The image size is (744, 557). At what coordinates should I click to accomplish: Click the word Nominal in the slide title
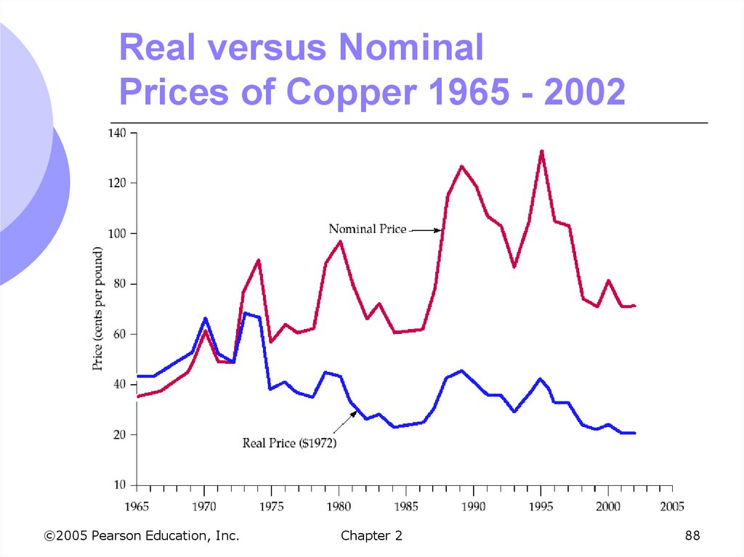pos(410,48)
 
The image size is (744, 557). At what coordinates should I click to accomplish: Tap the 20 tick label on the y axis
pos(121,434)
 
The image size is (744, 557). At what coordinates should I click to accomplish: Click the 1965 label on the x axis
pos(137,505)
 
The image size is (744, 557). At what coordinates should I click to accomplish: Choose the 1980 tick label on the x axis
pos(338,505)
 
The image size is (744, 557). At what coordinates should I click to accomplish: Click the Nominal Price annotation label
pos(367,229)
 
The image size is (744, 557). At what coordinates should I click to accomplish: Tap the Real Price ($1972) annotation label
pos(289,442)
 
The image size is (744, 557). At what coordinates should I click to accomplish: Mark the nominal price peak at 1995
pos(541,151)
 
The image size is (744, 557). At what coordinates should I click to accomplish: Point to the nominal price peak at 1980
pos(340,242)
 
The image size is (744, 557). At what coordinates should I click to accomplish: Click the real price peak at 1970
pos(205,318)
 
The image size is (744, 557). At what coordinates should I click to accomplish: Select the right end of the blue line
pos(634,433)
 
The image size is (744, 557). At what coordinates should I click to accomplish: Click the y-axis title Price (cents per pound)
pos(98,309)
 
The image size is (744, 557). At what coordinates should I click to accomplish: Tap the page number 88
pos(692,536)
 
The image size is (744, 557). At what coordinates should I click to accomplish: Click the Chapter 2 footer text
pos(371,536)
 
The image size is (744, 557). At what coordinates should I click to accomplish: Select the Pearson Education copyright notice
pos(142,536)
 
